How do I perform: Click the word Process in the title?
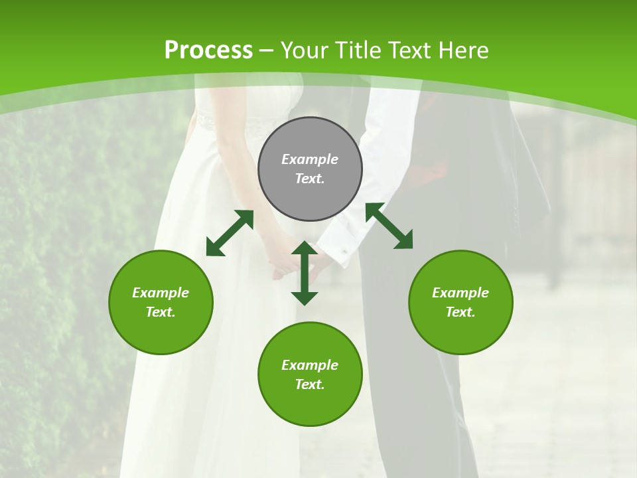208,50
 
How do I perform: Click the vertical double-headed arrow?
305,274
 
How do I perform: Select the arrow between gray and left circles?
230,233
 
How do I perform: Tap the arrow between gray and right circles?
389,226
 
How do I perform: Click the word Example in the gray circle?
310,159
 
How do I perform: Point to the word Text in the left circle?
161,312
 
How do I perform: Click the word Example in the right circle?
460,293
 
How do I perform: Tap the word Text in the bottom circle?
310,384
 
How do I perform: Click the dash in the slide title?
267,50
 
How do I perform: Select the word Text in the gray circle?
310,179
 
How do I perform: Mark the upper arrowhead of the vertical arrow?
305,248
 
